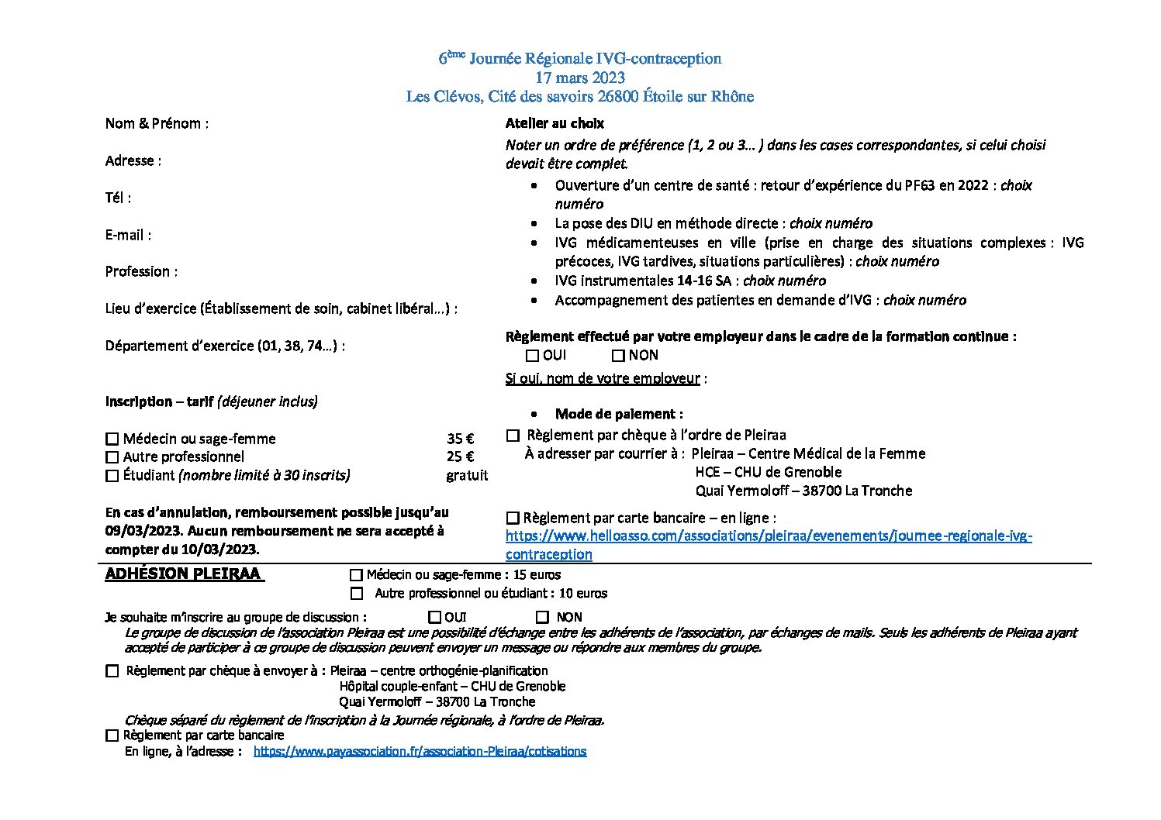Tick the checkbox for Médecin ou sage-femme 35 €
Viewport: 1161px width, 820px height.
coord(112,439)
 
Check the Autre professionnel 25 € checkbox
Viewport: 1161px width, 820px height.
coord(112,457)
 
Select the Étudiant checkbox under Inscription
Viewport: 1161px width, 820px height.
coord(112,476)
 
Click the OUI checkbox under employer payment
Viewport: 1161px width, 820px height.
coord(532,356)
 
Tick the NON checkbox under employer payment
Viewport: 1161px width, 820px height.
coord(618,356)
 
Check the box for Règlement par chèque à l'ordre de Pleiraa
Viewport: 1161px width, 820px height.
coord(513,436)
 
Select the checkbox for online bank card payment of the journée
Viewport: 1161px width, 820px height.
coord(513,518)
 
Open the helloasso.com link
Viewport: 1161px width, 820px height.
coord(768,536)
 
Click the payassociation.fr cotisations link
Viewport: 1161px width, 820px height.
coord(420,751)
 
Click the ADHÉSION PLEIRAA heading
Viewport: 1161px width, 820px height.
coord(184,574)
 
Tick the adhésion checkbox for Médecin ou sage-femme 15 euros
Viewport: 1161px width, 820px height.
coord(356,575)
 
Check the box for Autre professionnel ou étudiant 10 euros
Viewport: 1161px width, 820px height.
coord(356,594)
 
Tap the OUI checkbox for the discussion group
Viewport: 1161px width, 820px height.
coord(434,618)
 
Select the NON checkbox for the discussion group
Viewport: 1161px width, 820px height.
coord(542,618)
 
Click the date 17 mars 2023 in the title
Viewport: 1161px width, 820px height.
coord(579,78)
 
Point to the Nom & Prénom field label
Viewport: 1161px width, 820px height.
coord(157,123)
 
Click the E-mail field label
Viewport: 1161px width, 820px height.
coord(128,235)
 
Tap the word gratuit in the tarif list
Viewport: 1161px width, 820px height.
coord(467,475)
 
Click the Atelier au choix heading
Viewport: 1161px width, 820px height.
coord(554,123)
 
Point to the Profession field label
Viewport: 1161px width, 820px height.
coord(141,271)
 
